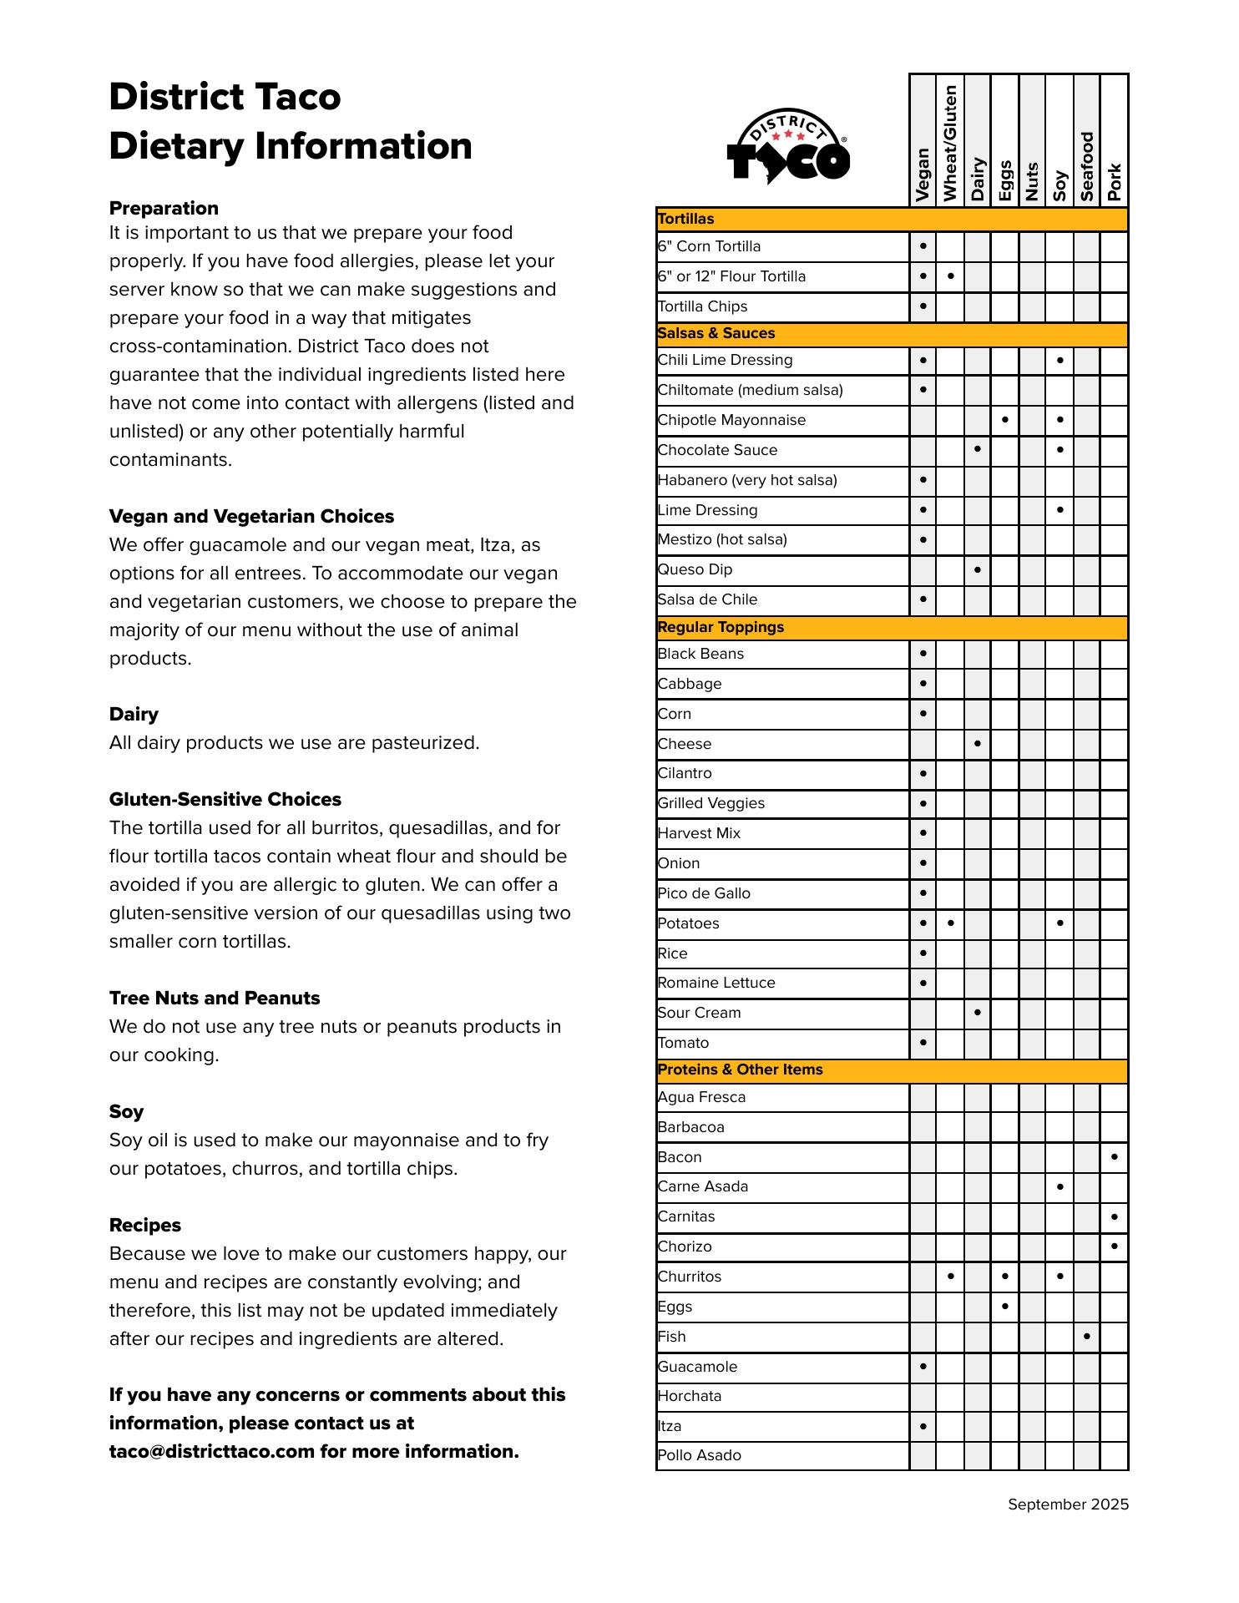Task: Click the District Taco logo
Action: [788, 147]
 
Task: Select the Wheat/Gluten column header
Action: [950, 143]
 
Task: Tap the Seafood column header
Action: [1086, 167]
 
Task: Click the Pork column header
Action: [1115, 182]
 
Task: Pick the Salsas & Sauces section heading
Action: [716, 333]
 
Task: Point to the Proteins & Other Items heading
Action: [740, 1070]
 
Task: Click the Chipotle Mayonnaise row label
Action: [731, 420]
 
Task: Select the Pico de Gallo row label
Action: [704, 893]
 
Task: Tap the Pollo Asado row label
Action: [700, 1455]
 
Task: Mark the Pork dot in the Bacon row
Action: [1115, 1157]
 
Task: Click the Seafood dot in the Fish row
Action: [1086, 1336]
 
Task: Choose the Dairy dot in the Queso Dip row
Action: [978, 569]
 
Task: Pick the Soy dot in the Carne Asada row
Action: [1059, 1186]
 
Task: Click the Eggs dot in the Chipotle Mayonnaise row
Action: [1004, 420]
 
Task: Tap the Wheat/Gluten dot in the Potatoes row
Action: [950, 923]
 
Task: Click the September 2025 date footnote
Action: [1068, 1504]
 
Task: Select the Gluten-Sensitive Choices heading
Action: [225, 800]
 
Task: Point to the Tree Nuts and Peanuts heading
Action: [215, 999]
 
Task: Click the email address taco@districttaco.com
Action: [211, 1452]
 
